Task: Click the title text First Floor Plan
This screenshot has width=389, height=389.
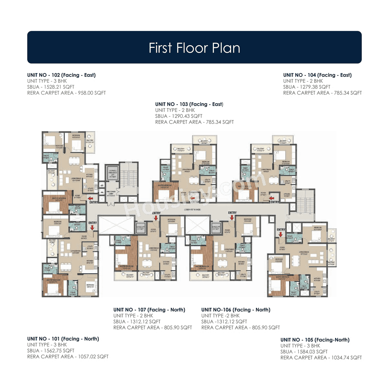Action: [194, 48]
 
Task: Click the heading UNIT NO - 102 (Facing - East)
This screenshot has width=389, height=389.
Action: [61, 75]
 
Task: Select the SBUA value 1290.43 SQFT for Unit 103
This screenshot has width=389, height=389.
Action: [179, 116]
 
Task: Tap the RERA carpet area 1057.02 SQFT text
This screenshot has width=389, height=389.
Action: [68, 356]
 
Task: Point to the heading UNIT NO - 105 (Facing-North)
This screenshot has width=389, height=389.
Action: [315, 340]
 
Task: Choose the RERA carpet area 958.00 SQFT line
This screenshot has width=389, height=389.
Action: [67, 93]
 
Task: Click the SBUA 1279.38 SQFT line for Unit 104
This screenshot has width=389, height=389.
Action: [307, 87]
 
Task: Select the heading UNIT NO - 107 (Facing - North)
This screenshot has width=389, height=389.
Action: [149, 310]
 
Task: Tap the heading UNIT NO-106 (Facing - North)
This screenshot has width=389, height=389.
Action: [236, 310]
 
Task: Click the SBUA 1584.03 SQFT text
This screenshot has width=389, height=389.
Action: [304, 352]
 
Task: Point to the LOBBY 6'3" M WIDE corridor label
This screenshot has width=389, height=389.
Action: [192, 210]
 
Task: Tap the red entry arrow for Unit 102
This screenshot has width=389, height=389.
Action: [91, 198]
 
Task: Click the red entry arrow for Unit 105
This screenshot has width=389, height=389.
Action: [281, 235]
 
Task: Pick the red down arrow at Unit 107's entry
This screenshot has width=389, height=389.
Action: [156, 218]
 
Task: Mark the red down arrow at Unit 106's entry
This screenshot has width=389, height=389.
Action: [232, 218]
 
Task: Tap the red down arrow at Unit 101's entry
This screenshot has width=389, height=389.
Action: [92, 227]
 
